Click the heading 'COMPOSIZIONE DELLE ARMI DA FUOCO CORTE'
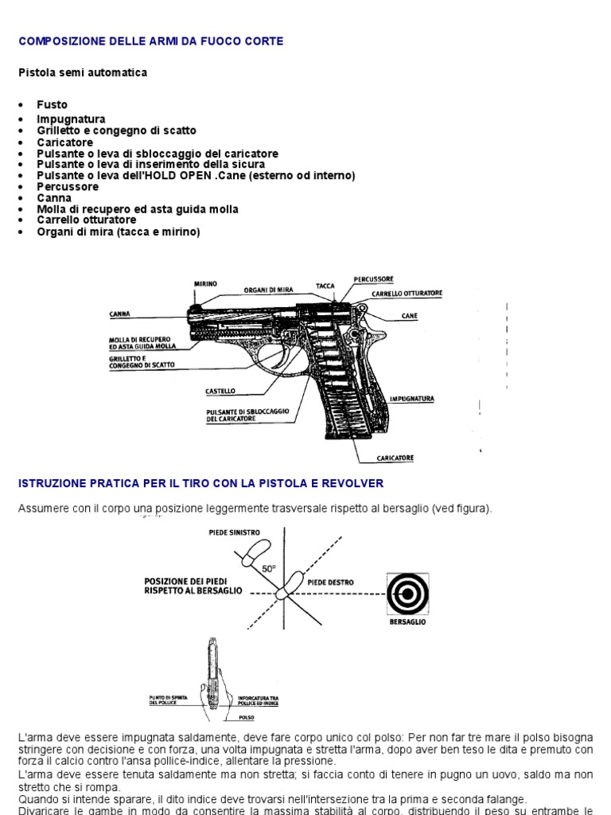(x=150, y=41)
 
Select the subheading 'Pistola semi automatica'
(x=83, y=72)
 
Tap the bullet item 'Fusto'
(x=52, y=104)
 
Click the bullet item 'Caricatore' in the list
(x=64, y=142)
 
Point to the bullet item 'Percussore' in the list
(x=68, y=186)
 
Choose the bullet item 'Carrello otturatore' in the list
(x=86, y=220)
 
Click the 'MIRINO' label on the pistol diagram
(x=204, y=283)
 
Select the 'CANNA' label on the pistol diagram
(x=119, y=314)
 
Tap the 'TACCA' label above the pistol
(x=324, y=284)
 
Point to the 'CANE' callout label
(x=409, y=316)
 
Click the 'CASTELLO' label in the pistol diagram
(x=220, y=392)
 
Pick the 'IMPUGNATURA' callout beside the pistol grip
(x=411, y=397)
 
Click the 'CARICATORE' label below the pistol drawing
(x=395, y=458)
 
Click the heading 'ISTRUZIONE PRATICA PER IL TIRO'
(x=200, y=483)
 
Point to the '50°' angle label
(x=269, y=569)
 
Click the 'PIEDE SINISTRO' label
(x=232, y=532)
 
